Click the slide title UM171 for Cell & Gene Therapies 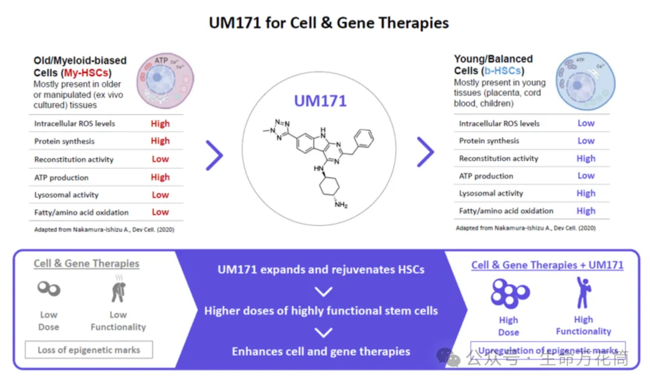point(329,23)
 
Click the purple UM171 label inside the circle point(320,101)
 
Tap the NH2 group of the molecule point(341,205)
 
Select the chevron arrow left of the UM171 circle point(214,155)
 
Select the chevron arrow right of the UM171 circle point(426,152)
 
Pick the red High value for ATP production point(160,177)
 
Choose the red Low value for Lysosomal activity point(160,195)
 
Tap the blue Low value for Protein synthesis point(586,141)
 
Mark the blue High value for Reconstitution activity point(586,158)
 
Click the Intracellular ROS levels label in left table point(75,123)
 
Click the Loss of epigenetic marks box point(89,350)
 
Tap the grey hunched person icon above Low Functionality point(118,291)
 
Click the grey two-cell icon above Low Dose point(48,290)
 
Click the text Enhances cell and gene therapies point(321,351)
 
